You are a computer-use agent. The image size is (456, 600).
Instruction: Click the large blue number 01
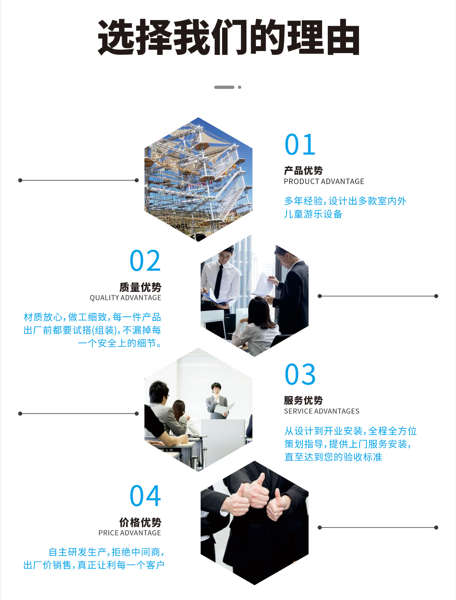tap(300, 144)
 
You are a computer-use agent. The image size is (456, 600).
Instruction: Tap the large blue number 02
tap(145, 261)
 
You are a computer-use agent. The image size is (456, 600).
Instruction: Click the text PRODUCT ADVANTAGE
tap(324, 182)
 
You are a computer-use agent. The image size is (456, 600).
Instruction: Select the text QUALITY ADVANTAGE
tap(125, 298)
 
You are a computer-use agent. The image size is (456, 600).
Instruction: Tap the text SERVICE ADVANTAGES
tap(322, 411)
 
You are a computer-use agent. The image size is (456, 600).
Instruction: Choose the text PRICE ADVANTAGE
tap(129, 533)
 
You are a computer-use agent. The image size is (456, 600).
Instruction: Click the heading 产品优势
tap(303, 171)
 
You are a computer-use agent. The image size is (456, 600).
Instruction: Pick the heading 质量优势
tap(140, 287)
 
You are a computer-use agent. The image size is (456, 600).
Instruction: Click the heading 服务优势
tap(303, 400)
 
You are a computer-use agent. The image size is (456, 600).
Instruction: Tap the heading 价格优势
tap(140, 522)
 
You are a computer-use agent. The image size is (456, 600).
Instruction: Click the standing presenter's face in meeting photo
tap(216, 389)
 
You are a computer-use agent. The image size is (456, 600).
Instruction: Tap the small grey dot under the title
tap(240, 87)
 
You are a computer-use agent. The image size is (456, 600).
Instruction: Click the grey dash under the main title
tap(224, 87)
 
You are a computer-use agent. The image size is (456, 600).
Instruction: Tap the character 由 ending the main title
tap(343, 37)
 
